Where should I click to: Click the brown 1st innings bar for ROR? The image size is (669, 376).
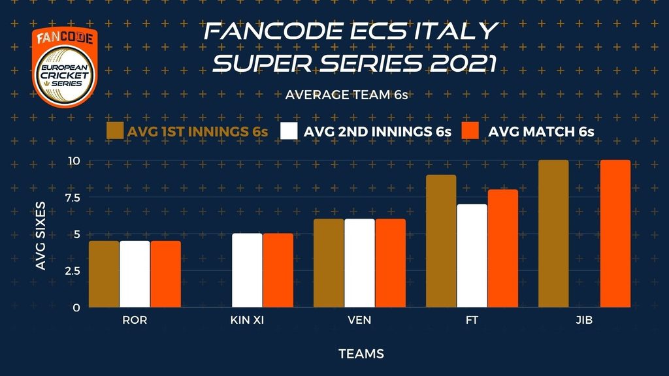[x=104, y=274]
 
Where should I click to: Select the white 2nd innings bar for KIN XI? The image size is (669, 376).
[x=247, y=270]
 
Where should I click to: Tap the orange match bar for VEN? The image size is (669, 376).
[x=391, y=263]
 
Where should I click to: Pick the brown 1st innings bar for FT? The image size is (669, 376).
[x=441, y=241]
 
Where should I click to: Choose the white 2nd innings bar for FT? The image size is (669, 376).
[x=472, y=256]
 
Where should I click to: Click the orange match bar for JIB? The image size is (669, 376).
[x=615, y=234]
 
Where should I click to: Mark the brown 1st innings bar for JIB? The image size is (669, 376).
[x=553, y=234]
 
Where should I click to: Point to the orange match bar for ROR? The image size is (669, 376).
[x=165, y=274]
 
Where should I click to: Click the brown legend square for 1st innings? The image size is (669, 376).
[x=115, y=131]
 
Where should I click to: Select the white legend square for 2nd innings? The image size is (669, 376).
[x=289, y=131]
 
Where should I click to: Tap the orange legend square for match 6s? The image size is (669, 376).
[x=470, y=131]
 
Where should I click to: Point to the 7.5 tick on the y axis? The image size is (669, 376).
[x=72, y=197]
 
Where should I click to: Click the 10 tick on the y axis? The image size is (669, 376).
[x=74, y=161]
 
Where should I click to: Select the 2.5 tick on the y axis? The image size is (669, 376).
[x=72, y=271]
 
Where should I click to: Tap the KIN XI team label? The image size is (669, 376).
[x=247, y=320]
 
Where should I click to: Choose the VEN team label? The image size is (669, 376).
[x=359, y=320]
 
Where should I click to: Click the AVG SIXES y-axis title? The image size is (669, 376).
[x=41, y=236]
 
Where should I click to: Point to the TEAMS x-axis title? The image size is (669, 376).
[x=361, y=354]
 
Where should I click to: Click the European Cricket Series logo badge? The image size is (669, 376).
[x=65, y=67]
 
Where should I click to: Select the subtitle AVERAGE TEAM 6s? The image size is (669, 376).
[x=346, y=95]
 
